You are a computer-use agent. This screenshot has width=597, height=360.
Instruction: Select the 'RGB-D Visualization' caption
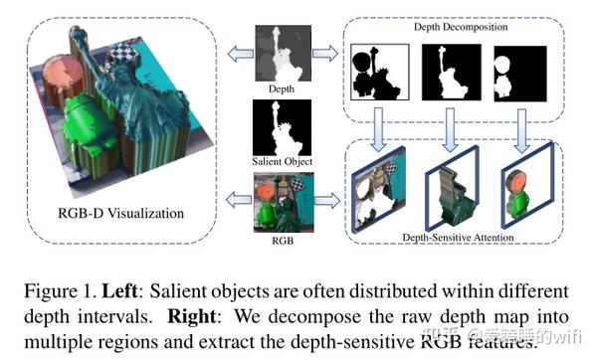click(x=123, y=212)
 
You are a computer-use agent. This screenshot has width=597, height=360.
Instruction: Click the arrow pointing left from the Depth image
click(x=239, y=53)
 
